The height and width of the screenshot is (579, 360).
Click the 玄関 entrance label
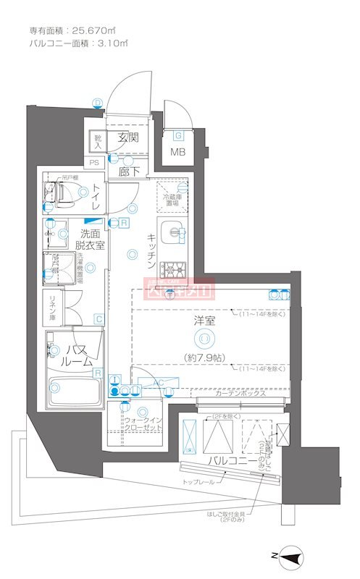(128, 138)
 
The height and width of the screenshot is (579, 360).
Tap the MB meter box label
(177, 152)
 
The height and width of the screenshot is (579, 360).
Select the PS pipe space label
(94, 164)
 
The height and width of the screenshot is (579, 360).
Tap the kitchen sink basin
(174, 232)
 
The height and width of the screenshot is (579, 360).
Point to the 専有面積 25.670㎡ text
(72, 30)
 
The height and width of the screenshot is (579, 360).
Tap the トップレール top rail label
(197, 481)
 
